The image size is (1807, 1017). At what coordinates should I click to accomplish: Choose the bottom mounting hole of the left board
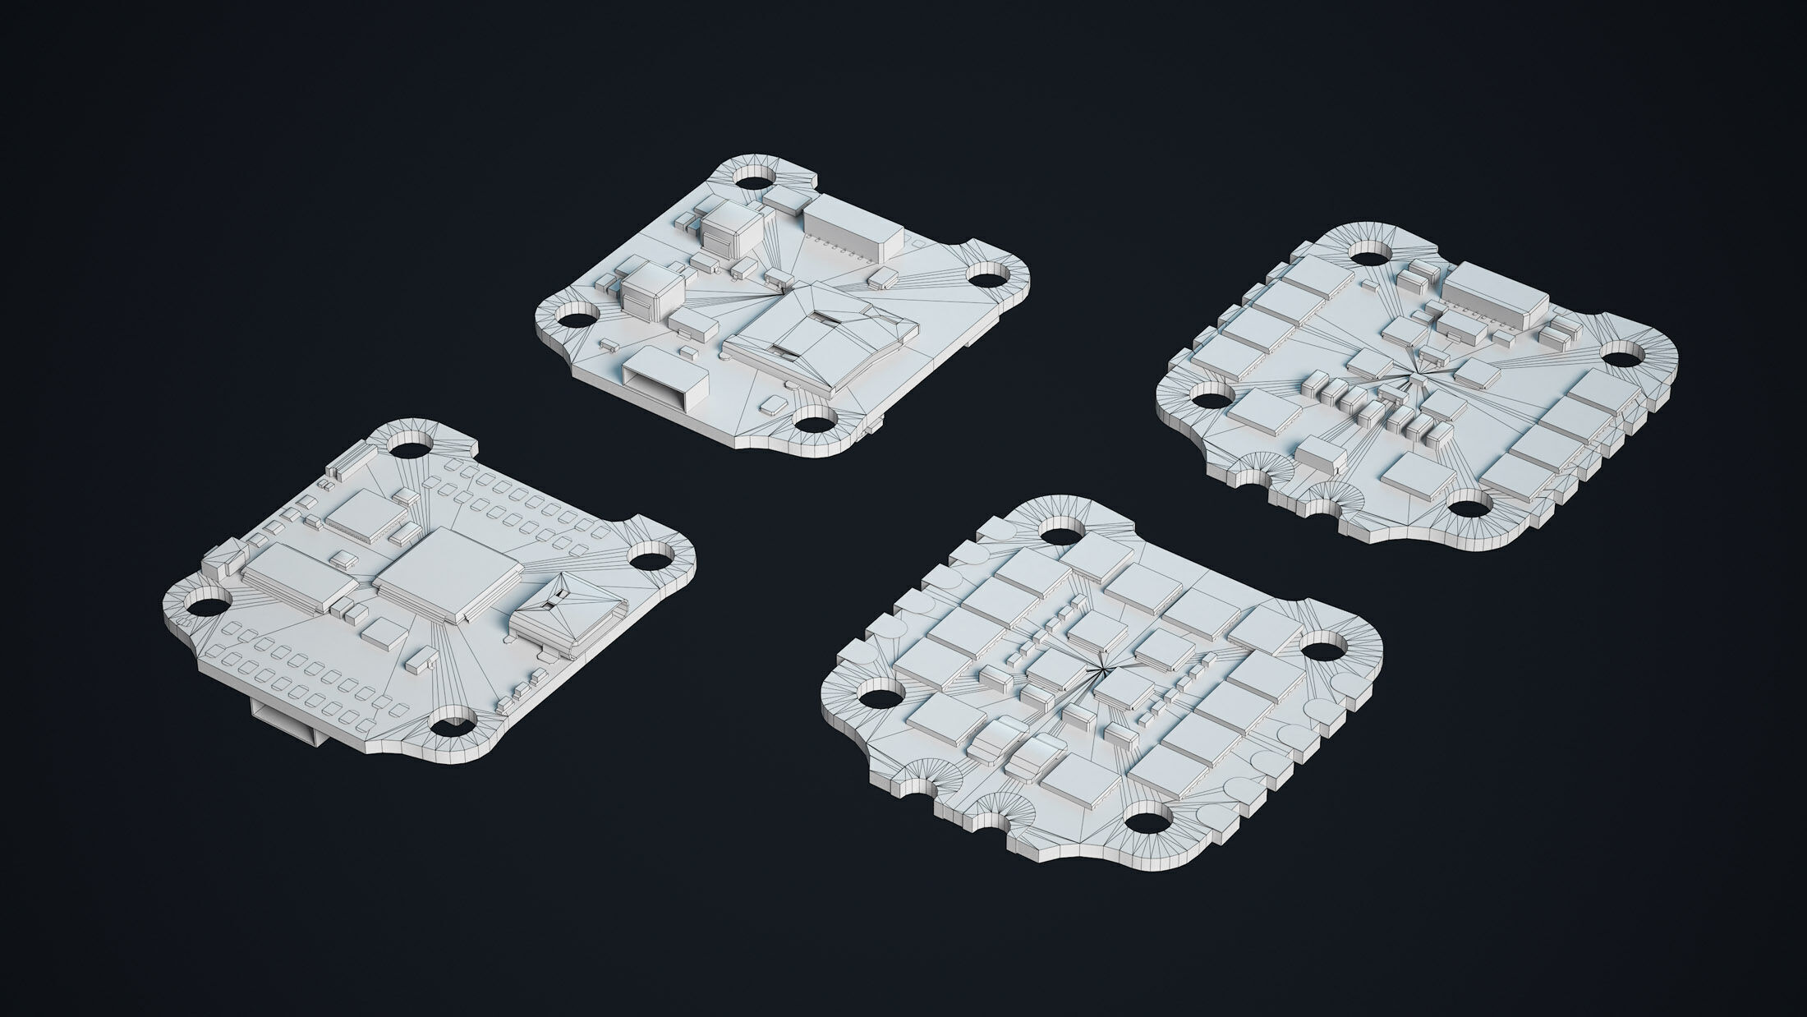tap(451, 727)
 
